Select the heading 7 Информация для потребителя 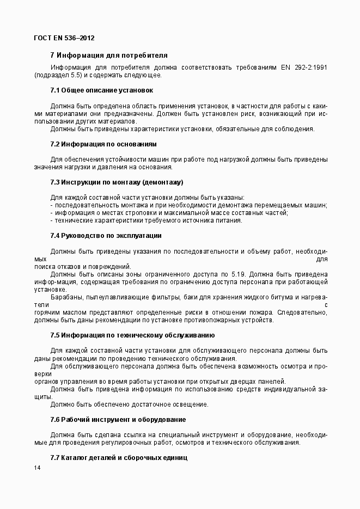108,56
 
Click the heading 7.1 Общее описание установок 101,90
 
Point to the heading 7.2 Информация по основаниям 103,144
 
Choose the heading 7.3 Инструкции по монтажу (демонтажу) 117,182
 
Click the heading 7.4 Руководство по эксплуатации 106,236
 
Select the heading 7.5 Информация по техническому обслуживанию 132,335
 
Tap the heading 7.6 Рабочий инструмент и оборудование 118,420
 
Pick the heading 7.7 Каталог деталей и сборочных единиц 119,458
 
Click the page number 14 37,468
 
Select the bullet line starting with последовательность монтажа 188,205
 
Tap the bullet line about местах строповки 169,213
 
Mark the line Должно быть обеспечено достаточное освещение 129,404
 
